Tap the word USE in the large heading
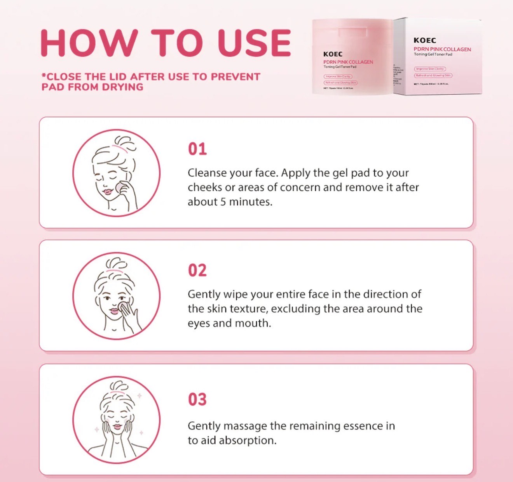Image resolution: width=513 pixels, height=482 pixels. click(254, 42)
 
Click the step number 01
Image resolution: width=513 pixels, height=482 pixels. click(197, 149)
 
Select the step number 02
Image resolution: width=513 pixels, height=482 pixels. click(197, 270)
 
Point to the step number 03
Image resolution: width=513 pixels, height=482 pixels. click(197, 399)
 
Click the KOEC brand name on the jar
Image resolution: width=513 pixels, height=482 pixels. click(333, 54)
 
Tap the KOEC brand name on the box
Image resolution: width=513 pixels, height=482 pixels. click(425, 40)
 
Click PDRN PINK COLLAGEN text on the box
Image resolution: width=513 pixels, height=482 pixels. click(442, 49)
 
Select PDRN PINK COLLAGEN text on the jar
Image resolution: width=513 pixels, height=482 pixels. click(348, 62)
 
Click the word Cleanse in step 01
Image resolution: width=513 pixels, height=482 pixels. click(207, 173)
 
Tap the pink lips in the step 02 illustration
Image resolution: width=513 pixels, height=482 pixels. click(114, 311)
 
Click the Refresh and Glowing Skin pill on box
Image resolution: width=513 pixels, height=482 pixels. click(433, 75)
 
